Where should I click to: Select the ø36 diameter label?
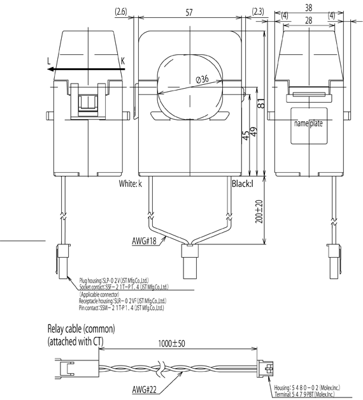click(x=202, y=79)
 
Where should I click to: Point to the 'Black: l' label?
click(x=243, y=184)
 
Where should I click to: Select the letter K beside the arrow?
click(x=122, y=62)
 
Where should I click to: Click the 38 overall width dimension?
click(x=308, y=8)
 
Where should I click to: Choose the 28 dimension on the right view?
click(x=308, y=20)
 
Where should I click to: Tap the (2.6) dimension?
click(x=120, y=12)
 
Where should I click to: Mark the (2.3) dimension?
click(x=258, y=12)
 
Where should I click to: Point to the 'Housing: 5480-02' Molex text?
click(x=310, y=387)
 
